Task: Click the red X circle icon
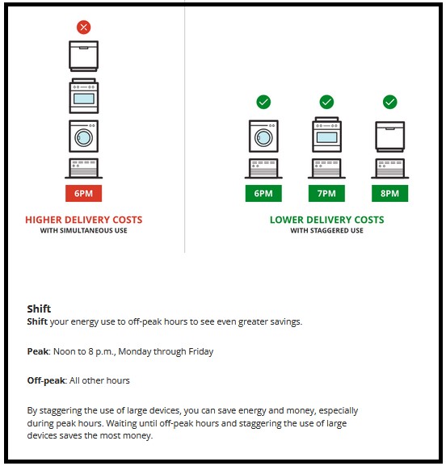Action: tap(83, 27)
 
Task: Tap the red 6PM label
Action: tap(83, 194)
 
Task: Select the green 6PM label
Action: tap(263, 194)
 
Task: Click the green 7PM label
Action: tap(326, 194)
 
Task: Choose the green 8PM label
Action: tap(389, 194)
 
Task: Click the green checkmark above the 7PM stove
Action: tap(326, 102)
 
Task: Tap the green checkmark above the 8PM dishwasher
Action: tap(389, 102)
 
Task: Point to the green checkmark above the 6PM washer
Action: tap(263, 102)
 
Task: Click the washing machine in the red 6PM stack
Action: tap(83, 136)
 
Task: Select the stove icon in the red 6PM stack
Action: tap(83, 96)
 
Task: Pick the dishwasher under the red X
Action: tap(83, 57)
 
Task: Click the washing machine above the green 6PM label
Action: tap(263, 136)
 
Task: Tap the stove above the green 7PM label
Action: tap(326, 134)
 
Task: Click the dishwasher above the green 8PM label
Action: tap(389, 136)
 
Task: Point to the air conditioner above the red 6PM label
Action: tap(83, 168)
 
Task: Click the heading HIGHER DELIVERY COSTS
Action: tap(83, 220)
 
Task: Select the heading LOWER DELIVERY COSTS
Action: tap(326, 220)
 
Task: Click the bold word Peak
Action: tap(38, 351)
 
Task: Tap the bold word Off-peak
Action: tap(46, 380)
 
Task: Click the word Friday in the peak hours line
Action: tap(200, 351)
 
